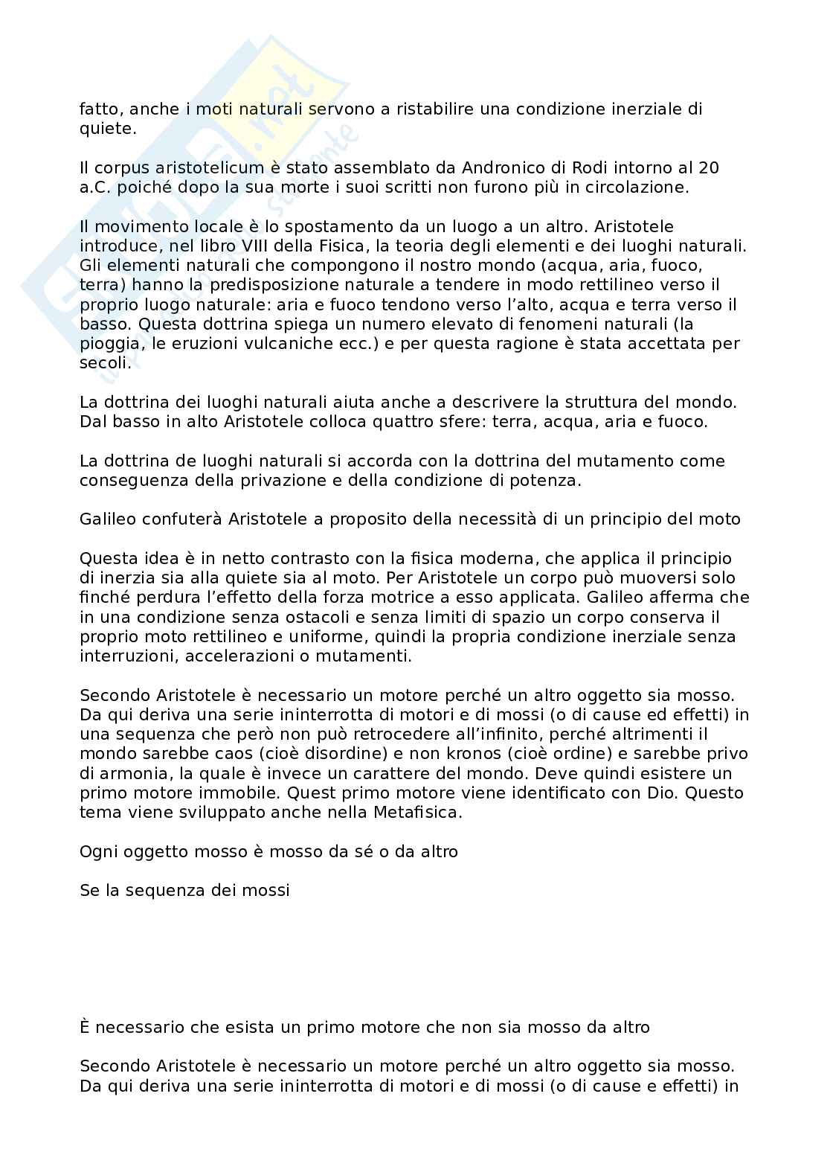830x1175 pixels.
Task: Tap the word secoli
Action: (x=104, y=363)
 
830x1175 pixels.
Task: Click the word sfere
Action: (x=435, y=422)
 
